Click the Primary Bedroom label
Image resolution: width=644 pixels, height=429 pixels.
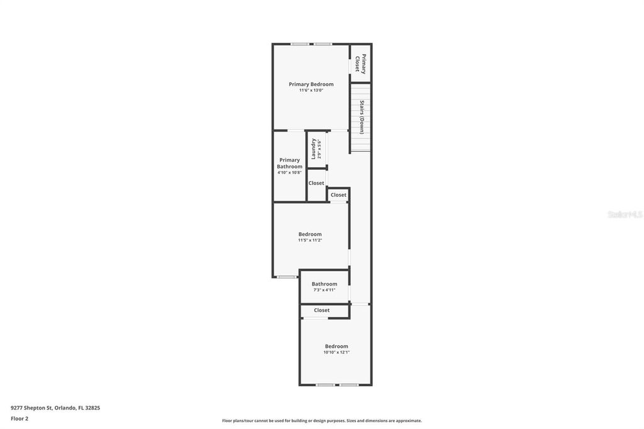[x=311, y=84]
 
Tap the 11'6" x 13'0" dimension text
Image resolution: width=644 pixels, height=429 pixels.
[x=311, y=91]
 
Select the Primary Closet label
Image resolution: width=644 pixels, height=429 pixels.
[x=360, y=64]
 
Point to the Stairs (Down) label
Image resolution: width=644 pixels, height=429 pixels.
[x=362, y=117]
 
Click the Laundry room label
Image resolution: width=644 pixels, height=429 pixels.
[x=314, y=149]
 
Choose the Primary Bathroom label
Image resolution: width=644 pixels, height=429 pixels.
[x=289, y=163]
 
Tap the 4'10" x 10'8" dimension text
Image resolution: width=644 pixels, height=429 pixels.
[x=289, y=172]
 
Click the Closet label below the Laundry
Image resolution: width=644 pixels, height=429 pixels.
[x=316, y=183]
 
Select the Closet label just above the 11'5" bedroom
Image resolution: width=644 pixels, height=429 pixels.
[x=338, y=195]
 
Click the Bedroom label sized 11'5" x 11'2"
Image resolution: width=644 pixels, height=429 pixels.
[x=309, y=234]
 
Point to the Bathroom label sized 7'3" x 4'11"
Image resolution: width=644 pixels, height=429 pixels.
[x=324, y=284]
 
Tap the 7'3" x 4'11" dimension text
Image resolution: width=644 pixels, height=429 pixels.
[x=324, y=290]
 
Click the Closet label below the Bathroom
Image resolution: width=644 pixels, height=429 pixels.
[x=321, y=310]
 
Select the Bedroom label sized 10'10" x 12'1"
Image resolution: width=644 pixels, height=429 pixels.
[x=336, y=346]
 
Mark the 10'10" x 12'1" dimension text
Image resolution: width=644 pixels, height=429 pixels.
[x=336, y=352]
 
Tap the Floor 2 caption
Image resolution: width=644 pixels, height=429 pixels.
[x=19, y=418]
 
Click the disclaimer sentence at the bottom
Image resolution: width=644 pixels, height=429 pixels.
[x=321, y=421]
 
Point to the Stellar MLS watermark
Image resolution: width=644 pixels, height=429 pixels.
[x=625, y=214]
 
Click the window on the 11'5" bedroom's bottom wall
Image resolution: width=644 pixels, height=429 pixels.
[x=287, y=277]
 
